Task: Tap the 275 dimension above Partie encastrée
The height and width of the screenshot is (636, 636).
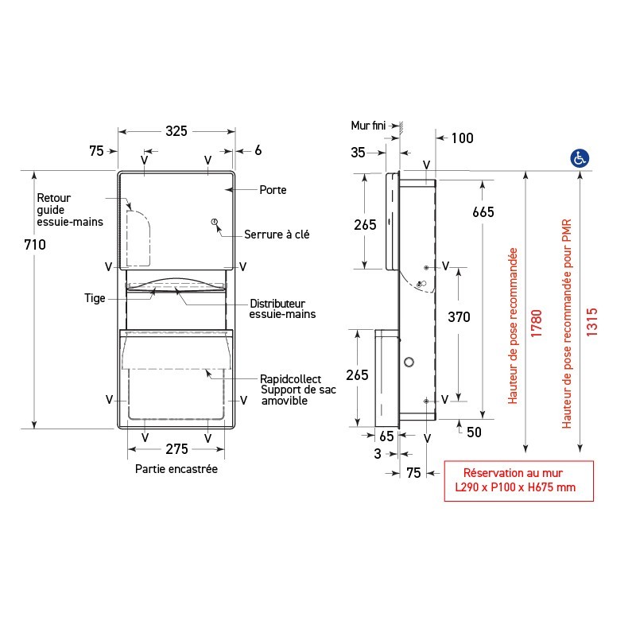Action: coord(176,450)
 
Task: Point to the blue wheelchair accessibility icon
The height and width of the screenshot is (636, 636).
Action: coord(579,157)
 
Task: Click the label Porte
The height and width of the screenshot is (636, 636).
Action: coord(273,190)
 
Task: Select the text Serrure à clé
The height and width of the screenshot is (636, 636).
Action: coord(277,234)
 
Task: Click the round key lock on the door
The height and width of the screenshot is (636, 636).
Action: coord(213,223)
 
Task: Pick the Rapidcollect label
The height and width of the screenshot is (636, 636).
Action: coord(289,380)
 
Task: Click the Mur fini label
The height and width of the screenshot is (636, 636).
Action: coord(368,125)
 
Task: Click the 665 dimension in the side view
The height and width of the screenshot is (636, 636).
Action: coord(483,211)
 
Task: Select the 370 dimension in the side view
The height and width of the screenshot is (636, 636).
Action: coord(459,317)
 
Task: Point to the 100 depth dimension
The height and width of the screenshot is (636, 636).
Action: coord(462,138)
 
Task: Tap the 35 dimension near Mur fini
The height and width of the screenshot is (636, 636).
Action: coord(358,153)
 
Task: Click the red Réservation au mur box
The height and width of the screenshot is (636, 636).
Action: coord(518,481)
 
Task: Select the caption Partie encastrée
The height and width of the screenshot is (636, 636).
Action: coord(176,469)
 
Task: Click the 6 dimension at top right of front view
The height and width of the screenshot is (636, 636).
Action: coord(258,150)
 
